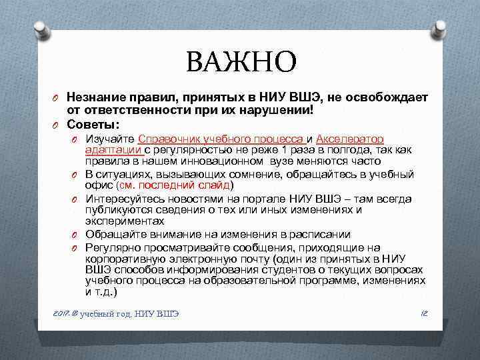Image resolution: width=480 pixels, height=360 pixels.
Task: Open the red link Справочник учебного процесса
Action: click(x=221, y=139)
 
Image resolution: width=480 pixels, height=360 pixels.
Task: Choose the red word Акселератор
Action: click(x=350, y=139)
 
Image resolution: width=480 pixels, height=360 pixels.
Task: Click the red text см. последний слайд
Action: click(x=174, y=185)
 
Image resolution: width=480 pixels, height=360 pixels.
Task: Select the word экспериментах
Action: click(x=124, y=221)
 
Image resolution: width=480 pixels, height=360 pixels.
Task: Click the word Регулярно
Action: click(x=110, y=247)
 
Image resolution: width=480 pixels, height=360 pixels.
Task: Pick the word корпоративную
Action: click(x=124, y=258)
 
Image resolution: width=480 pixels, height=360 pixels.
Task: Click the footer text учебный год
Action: click(x=106, y=313)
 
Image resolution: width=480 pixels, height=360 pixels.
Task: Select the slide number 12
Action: click(x=423, y=313)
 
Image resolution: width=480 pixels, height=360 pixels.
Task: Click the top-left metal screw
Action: click(x=40, y=29)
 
